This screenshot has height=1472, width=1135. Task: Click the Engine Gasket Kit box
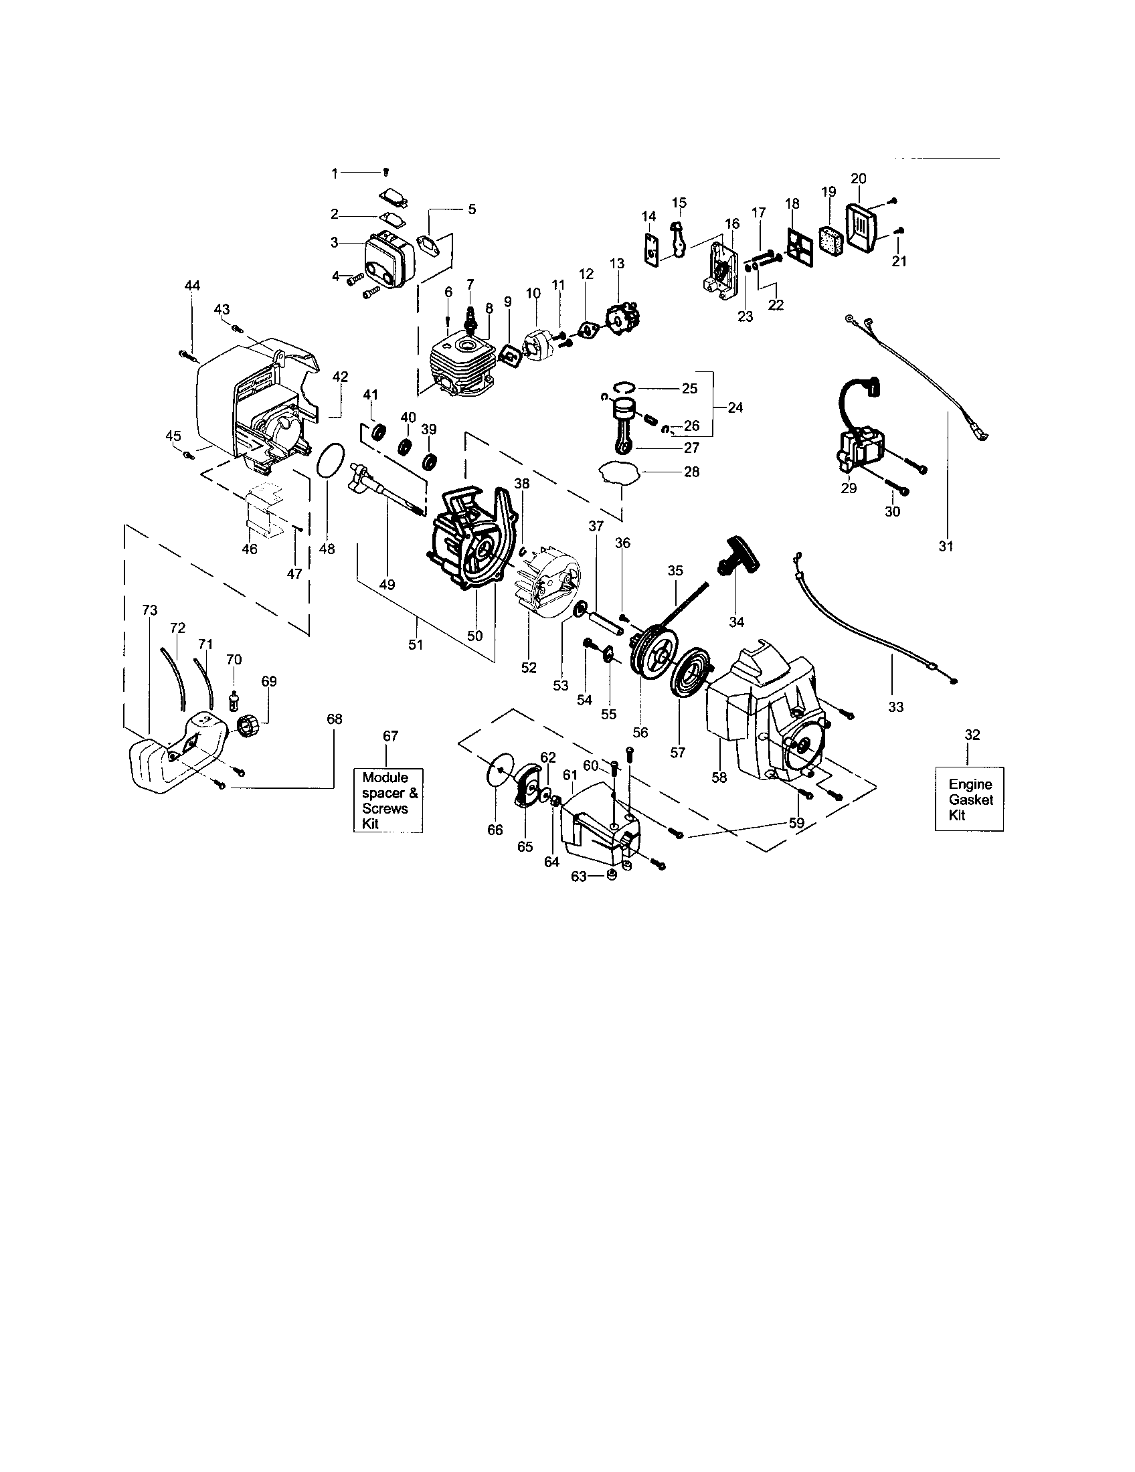pos(969,799)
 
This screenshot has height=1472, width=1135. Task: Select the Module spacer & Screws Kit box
pos(389,801)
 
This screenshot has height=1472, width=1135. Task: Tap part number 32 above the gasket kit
pos(971,735)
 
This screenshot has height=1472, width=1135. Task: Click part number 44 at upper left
pos(192,286)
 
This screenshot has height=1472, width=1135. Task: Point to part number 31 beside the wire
pos(946,546)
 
